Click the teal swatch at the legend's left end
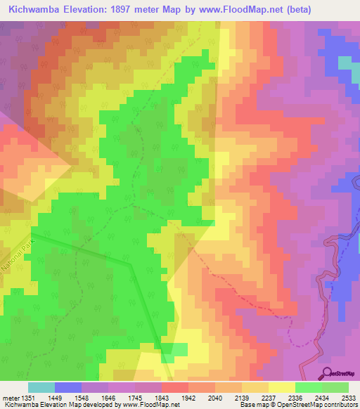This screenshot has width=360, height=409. click(x=41, y=387)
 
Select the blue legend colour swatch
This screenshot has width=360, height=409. click(x=68, y=387)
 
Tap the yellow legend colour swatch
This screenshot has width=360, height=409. click(x=282, y=387)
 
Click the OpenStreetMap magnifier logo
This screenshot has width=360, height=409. click(x=327, y=373)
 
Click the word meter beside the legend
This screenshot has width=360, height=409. click(x=10, y=397)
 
